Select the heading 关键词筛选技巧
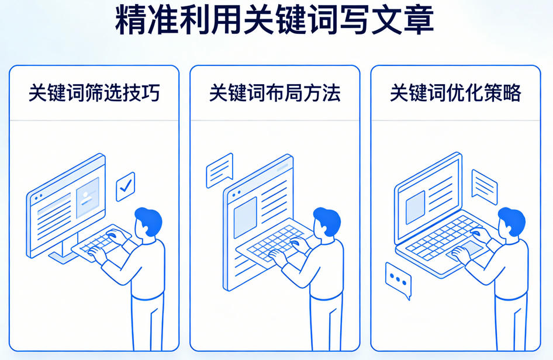(x=94, y=93)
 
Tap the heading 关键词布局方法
(x=275, y=93)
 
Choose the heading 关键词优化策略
(x=455, y=93)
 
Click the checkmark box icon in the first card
(x=125, y=186)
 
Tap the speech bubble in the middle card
(x=220, y=170)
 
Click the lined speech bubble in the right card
(x=484, y=186)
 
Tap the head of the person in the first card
(x=147, y=221)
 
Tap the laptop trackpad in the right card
(x=465, y=252)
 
